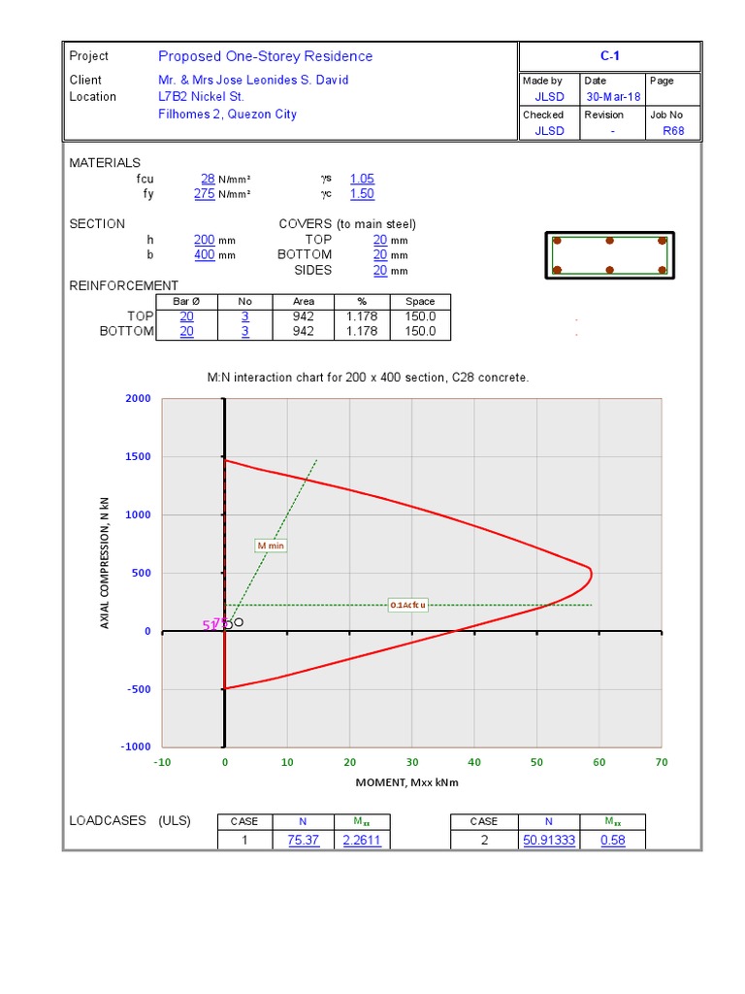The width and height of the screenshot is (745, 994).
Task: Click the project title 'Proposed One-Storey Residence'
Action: point(265,56)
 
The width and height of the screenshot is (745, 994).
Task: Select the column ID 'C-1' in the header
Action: point(609,56)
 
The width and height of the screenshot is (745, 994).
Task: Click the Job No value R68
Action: point(673,131)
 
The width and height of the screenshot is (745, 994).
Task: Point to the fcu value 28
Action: point(208,179)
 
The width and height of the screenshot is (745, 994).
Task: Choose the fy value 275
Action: point(205,194)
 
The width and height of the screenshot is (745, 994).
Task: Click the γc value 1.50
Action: point(362,194)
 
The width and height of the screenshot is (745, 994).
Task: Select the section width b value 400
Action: point(205,255)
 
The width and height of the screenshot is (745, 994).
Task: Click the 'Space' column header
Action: point(420,302)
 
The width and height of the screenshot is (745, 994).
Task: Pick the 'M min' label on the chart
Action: point(271,546)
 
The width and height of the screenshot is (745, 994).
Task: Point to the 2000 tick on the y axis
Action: point(138,399)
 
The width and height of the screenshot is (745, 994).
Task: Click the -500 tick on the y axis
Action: point(138,689)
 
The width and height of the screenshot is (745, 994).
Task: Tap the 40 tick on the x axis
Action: point(474,763)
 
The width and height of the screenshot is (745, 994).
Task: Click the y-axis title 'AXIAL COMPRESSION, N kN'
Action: point(106,562)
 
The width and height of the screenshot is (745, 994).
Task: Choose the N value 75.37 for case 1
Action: point(304,841)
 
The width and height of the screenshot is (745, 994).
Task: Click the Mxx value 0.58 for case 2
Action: point(612,841)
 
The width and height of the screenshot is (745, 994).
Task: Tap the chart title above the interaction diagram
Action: point(369,378)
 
